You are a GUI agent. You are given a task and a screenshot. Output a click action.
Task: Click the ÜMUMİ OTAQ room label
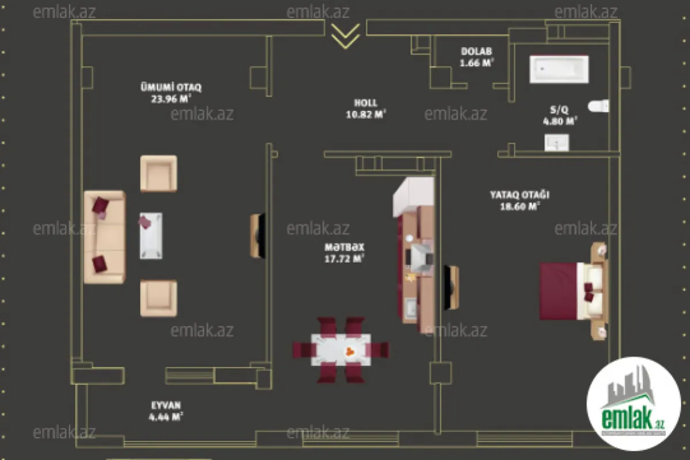(x=171, y=87)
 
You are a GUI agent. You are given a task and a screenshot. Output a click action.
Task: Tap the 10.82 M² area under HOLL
(x=365, y=114)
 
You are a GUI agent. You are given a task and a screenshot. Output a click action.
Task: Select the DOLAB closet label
(x=476, y=52)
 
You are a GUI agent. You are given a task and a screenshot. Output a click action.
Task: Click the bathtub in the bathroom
(x=558, y=69)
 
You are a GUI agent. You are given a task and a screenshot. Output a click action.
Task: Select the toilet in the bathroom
(x=599, y=106)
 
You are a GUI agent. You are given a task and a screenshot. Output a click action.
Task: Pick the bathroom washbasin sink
(x=556, y=142)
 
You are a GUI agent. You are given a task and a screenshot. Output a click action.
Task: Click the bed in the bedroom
(x=573, y=290)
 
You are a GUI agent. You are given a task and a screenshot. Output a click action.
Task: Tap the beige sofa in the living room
(x=104, y=237)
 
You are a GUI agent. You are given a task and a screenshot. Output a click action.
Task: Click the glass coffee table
(x=151, y=235)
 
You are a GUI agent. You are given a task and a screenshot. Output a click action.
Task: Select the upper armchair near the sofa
(x=158, y=173)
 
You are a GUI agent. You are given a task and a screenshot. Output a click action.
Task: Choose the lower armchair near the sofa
(x=158, y=298)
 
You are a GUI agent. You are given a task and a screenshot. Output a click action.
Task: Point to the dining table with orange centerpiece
(x=340, y=350)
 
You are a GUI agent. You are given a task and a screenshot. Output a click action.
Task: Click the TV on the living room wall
(x=258, y=236)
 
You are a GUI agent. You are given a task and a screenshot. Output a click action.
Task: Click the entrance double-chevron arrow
(x=345, y=35)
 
